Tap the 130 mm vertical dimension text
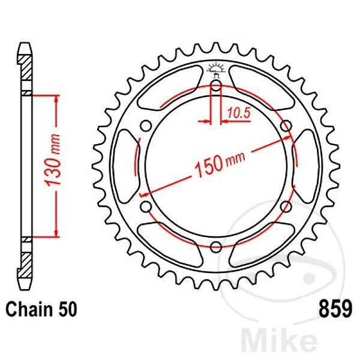(53, 160)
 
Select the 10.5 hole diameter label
(239, 113)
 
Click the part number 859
(335, 309)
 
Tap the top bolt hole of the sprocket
(215, 86)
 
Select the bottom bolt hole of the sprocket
(216, 247)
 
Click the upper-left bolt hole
(146, 126)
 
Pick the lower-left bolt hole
(146, 206)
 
